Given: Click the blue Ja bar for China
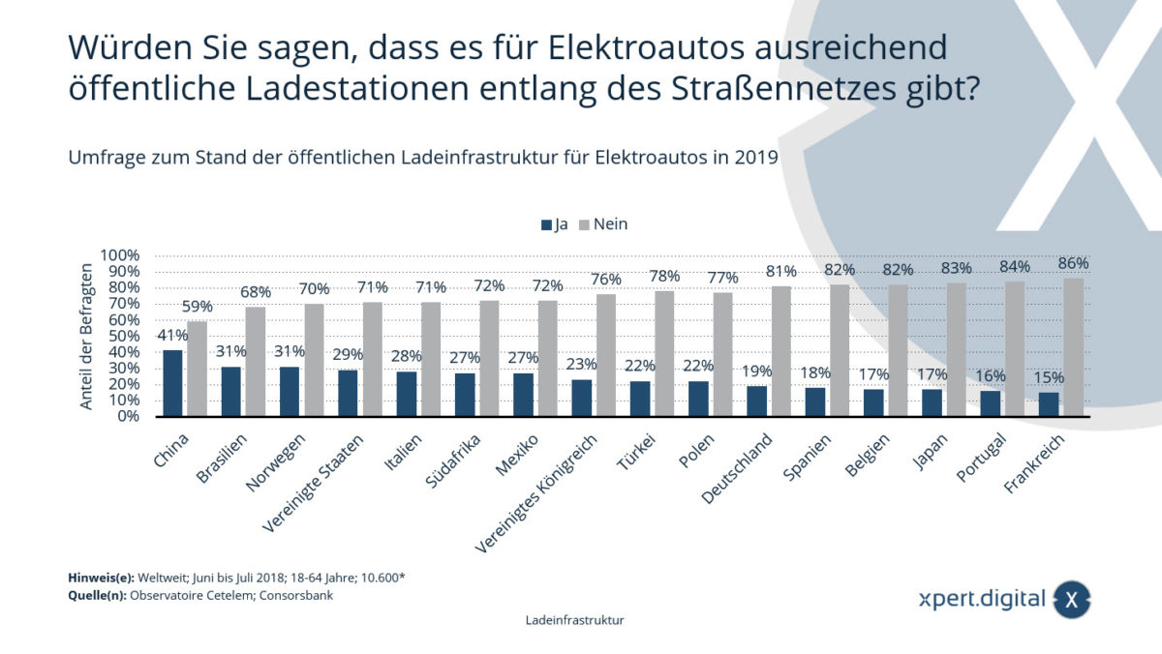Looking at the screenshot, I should point(172,384).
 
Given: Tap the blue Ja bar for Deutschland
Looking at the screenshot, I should point(756,401).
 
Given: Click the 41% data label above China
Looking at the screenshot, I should point(171,337).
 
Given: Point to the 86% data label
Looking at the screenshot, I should point(1073,263).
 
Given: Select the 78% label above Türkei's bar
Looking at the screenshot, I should point(664,276).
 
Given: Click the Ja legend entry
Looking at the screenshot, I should point(555,223).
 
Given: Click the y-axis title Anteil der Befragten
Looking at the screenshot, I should point(87,336).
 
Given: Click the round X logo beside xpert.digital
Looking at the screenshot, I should point(1072,599).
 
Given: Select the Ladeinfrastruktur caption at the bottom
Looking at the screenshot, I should point(574,621).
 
